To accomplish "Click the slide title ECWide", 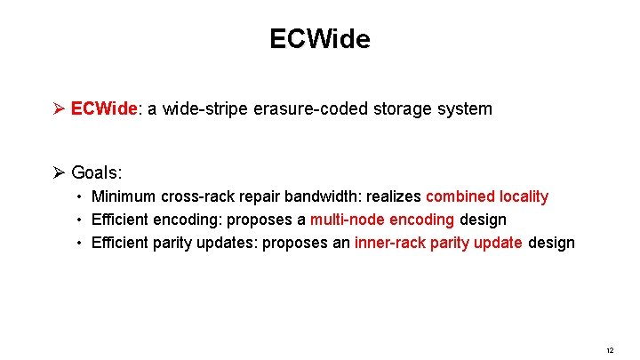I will click(x=320, y=39).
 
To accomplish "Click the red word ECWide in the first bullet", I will click(x=104, y=109).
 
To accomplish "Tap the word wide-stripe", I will click(x=208, y=109).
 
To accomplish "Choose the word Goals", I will click(x=93, y=172).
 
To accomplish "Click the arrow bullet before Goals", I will click(x=59, y=172).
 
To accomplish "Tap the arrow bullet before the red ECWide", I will click(x=59, y=109).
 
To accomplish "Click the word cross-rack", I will click(x=190, y=196).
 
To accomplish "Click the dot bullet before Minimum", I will click(x=79, y=196).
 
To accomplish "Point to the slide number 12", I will click(x=609, y=350).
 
